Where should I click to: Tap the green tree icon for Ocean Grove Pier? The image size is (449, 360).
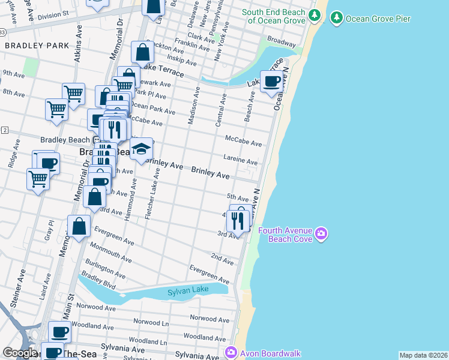tap(336, 18)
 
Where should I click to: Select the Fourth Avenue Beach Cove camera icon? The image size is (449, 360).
tap(321, 233)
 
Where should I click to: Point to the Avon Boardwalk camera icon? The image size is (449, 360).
tap(230, 353)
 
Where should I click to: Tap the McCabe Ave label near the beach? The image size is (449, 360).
tap(243, 141)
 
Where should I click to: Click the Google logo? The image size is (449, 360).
tap(19, 353)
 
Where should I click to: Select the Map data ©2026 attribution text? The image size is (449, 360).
tap(423, 355)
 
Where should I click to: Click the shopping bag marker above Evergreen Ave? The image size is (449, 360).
tap(79, 226)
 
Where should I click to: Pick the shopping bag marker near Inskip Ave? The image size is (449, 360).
tap(143, 53)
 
